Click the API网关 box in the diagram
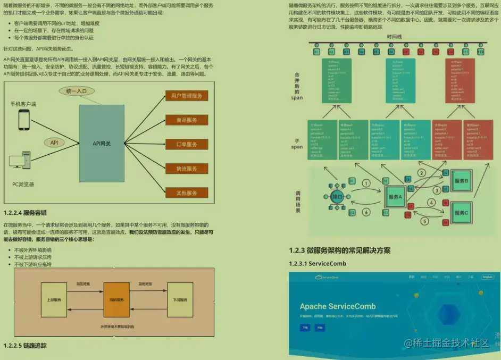(x=102, y=144)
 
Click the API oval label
(x=54, y=143)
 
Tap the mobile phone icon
(x=24, y=120)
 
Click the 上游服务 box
(x=54, y=300)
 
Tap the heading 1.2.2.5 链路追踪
(x=25, y=345)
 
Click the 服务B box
(x=461, y=181)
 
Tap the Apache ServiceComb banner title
(x=337, y=306)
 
